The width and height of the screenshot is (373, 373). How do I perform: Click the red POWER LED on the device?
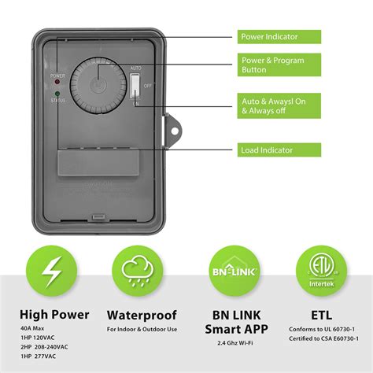pyautogui.click(x=57, y=84)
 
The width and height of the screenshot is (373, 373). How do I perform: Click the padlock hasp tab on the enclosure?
pyautogui.click(x=168, y=126)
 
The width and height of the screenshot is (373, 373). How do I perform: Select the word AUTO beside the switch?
pyautogui.click(x=136, y=68)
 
